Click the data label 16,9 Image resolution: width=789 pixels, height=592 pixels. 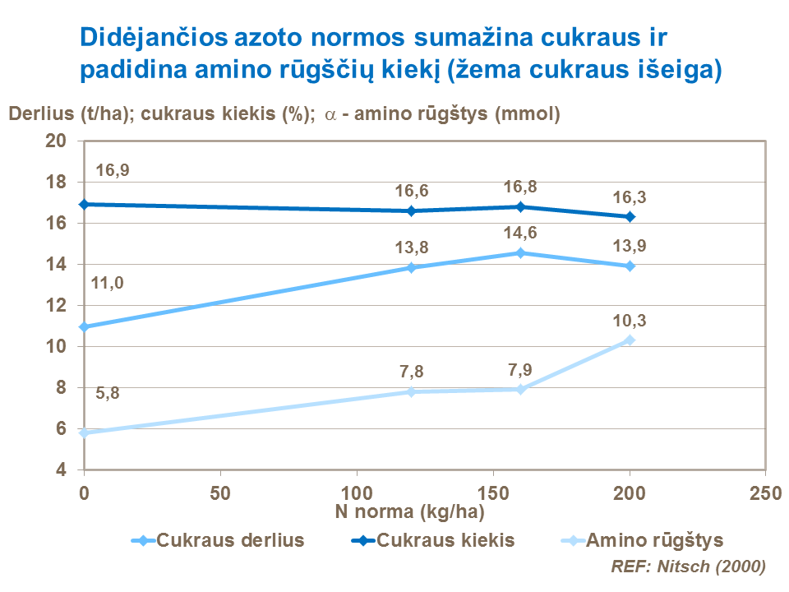point(113,171)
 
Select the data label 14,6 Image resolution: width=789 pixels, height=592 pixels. point(520,233)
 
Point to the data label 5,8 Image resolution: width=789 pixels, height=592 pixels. point(108,393)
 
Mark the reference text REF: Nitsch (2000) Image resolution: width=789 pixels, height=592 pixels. point(689,567)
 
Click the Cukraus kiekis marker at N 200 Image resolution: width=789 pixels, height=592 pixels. point(630,217)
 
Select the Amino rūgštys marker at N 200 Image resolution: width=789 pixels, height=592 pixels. point(630,340)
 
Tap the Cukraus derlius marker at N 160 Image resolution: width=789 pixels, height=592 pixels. point(520,252)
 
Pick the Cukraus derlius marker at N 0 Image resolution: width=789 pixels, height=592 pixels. point(83,326)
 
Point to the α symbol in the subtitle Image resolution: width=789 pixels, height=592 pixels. point(330,115)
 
